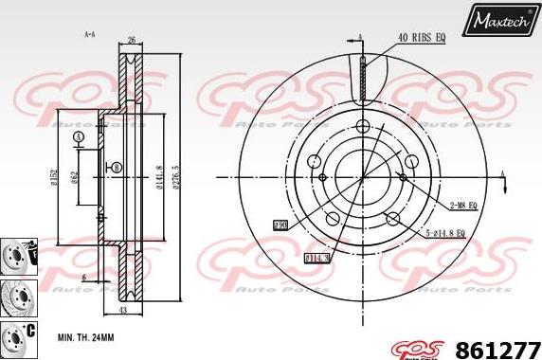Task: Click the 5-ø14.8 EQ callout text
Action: click(x=446, y=232)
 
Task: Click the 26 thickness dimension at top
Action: click(x=133, y=41)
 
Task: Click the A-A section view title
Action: click(x=90, y=34)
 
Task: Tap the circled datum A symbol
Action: click(x=78, y=137)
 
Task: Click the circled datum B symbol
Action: click(x=116, y=168)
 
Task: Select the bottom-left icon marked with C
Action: click(x=16, y=335)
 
